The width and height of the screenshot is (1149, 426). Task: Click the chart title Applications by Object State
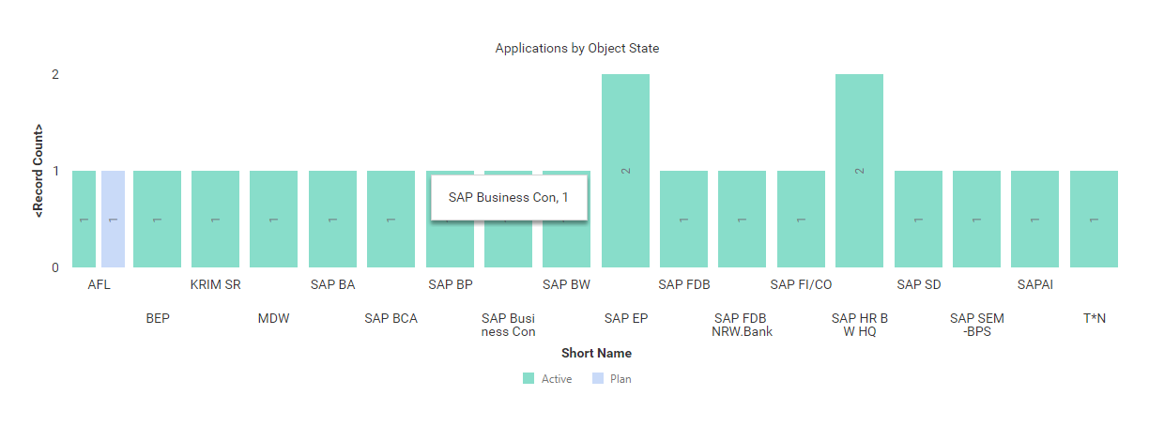tap(576, 48)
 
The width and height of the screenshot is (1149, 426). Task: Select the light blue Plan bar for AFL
tap(113, 219)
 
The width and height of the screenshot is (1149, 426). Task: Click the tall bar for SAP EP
tap(625, 171)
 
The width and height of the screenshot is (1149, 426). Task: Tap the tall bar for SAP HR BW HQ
tap(859, 171)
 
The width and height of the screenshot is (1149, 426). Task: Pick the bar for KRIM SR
tap(215, 219)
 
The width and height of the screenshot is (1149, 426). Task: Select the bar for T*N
tap(1094, 219)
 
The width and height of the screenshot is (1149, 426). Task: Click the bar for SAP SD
tap(918, 219)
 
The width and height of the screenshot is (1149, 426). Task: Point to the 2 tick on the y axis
tap(55, 74)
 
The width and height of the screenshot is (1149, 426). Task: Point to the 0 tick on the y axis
tap(55, 267)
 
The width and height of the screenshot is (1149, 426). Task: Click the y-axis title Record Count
tap(38, 171)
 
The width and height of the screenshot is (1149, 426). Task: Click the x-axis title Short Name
tap(596, 354)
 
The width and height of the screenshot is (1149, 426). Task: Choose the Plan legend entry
tap(611, 379)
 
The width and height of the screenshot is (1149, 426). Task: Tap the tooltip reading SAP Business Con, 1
tap(509, 197)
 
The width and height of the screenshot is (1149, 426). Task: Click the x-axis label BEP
tap(158, 318)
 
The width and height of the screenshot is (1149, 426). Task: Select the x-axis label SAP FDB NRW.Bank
tap(742, 325)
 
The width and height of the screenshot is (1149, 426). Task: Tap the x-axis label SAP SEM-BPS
tap(976, 325)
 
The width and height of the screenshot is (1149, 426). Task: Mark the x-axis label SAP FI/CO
tap(801, 284)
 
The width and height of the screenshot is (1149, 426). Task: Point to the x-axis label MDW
tap(273, 318)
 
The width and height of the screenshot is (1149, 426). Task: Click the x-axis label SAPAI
tap(1034, 284)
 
